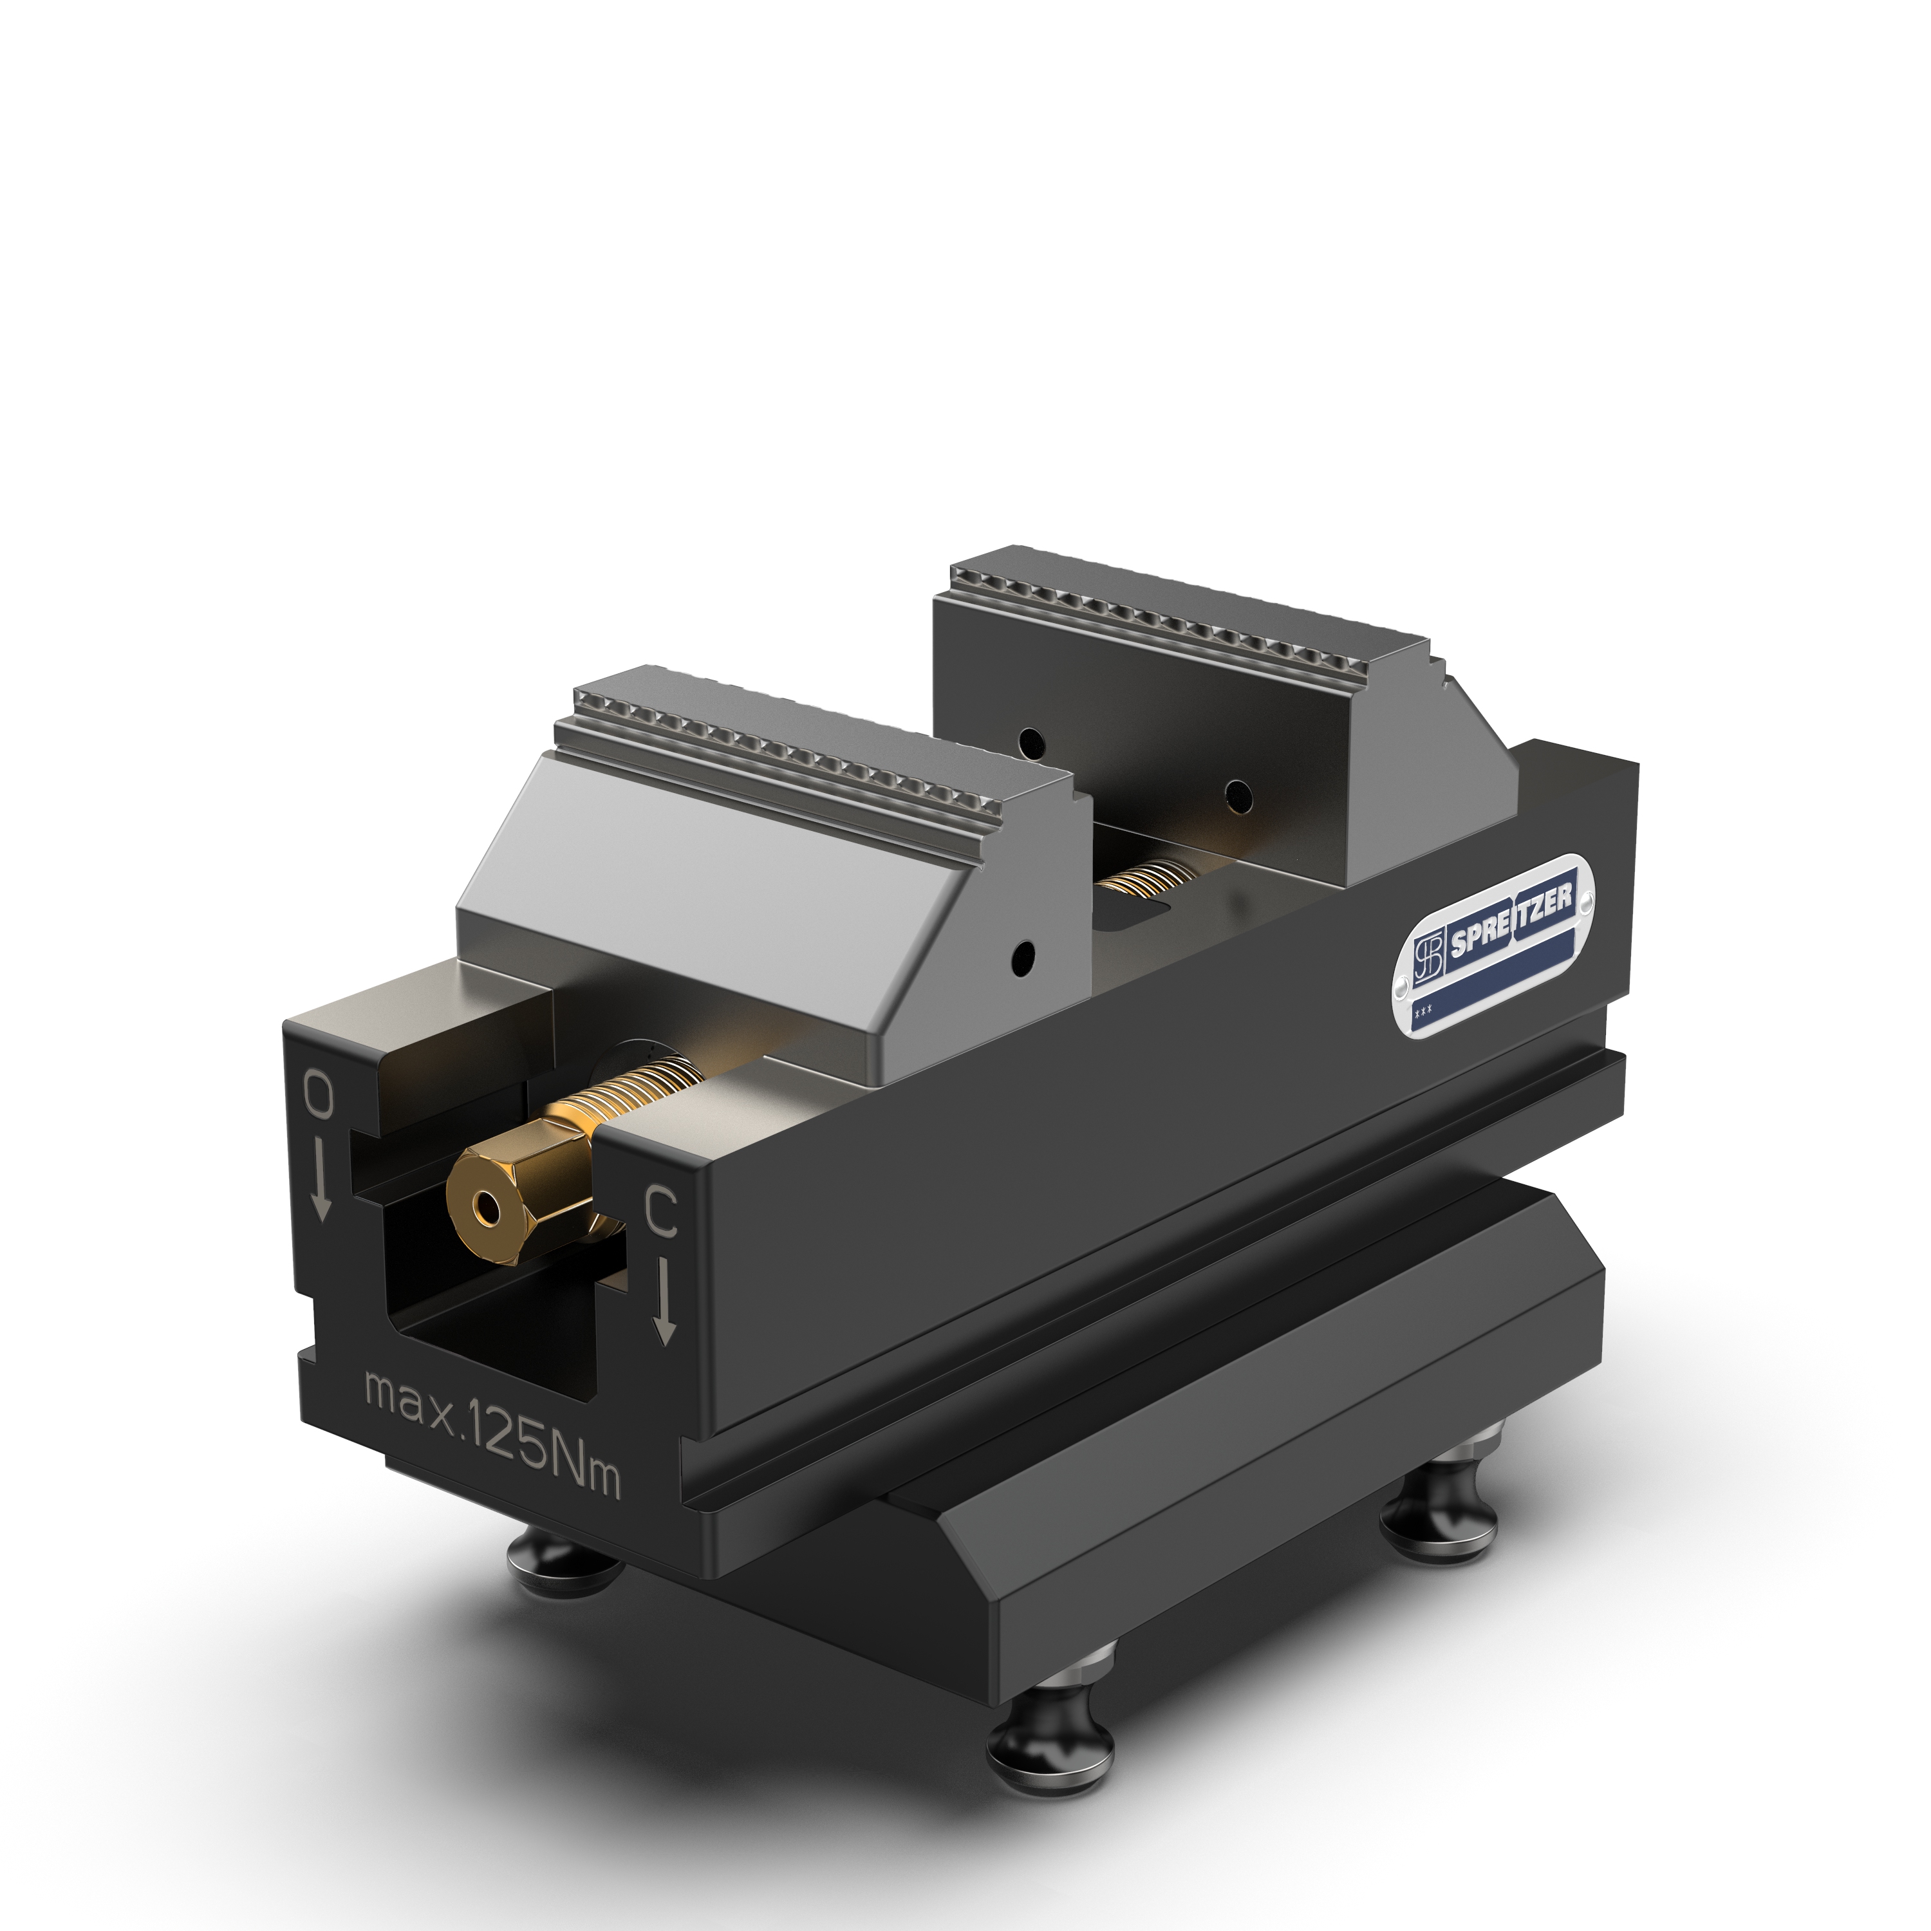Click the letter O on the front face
pyautogui.click(x=319, y=1097)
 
